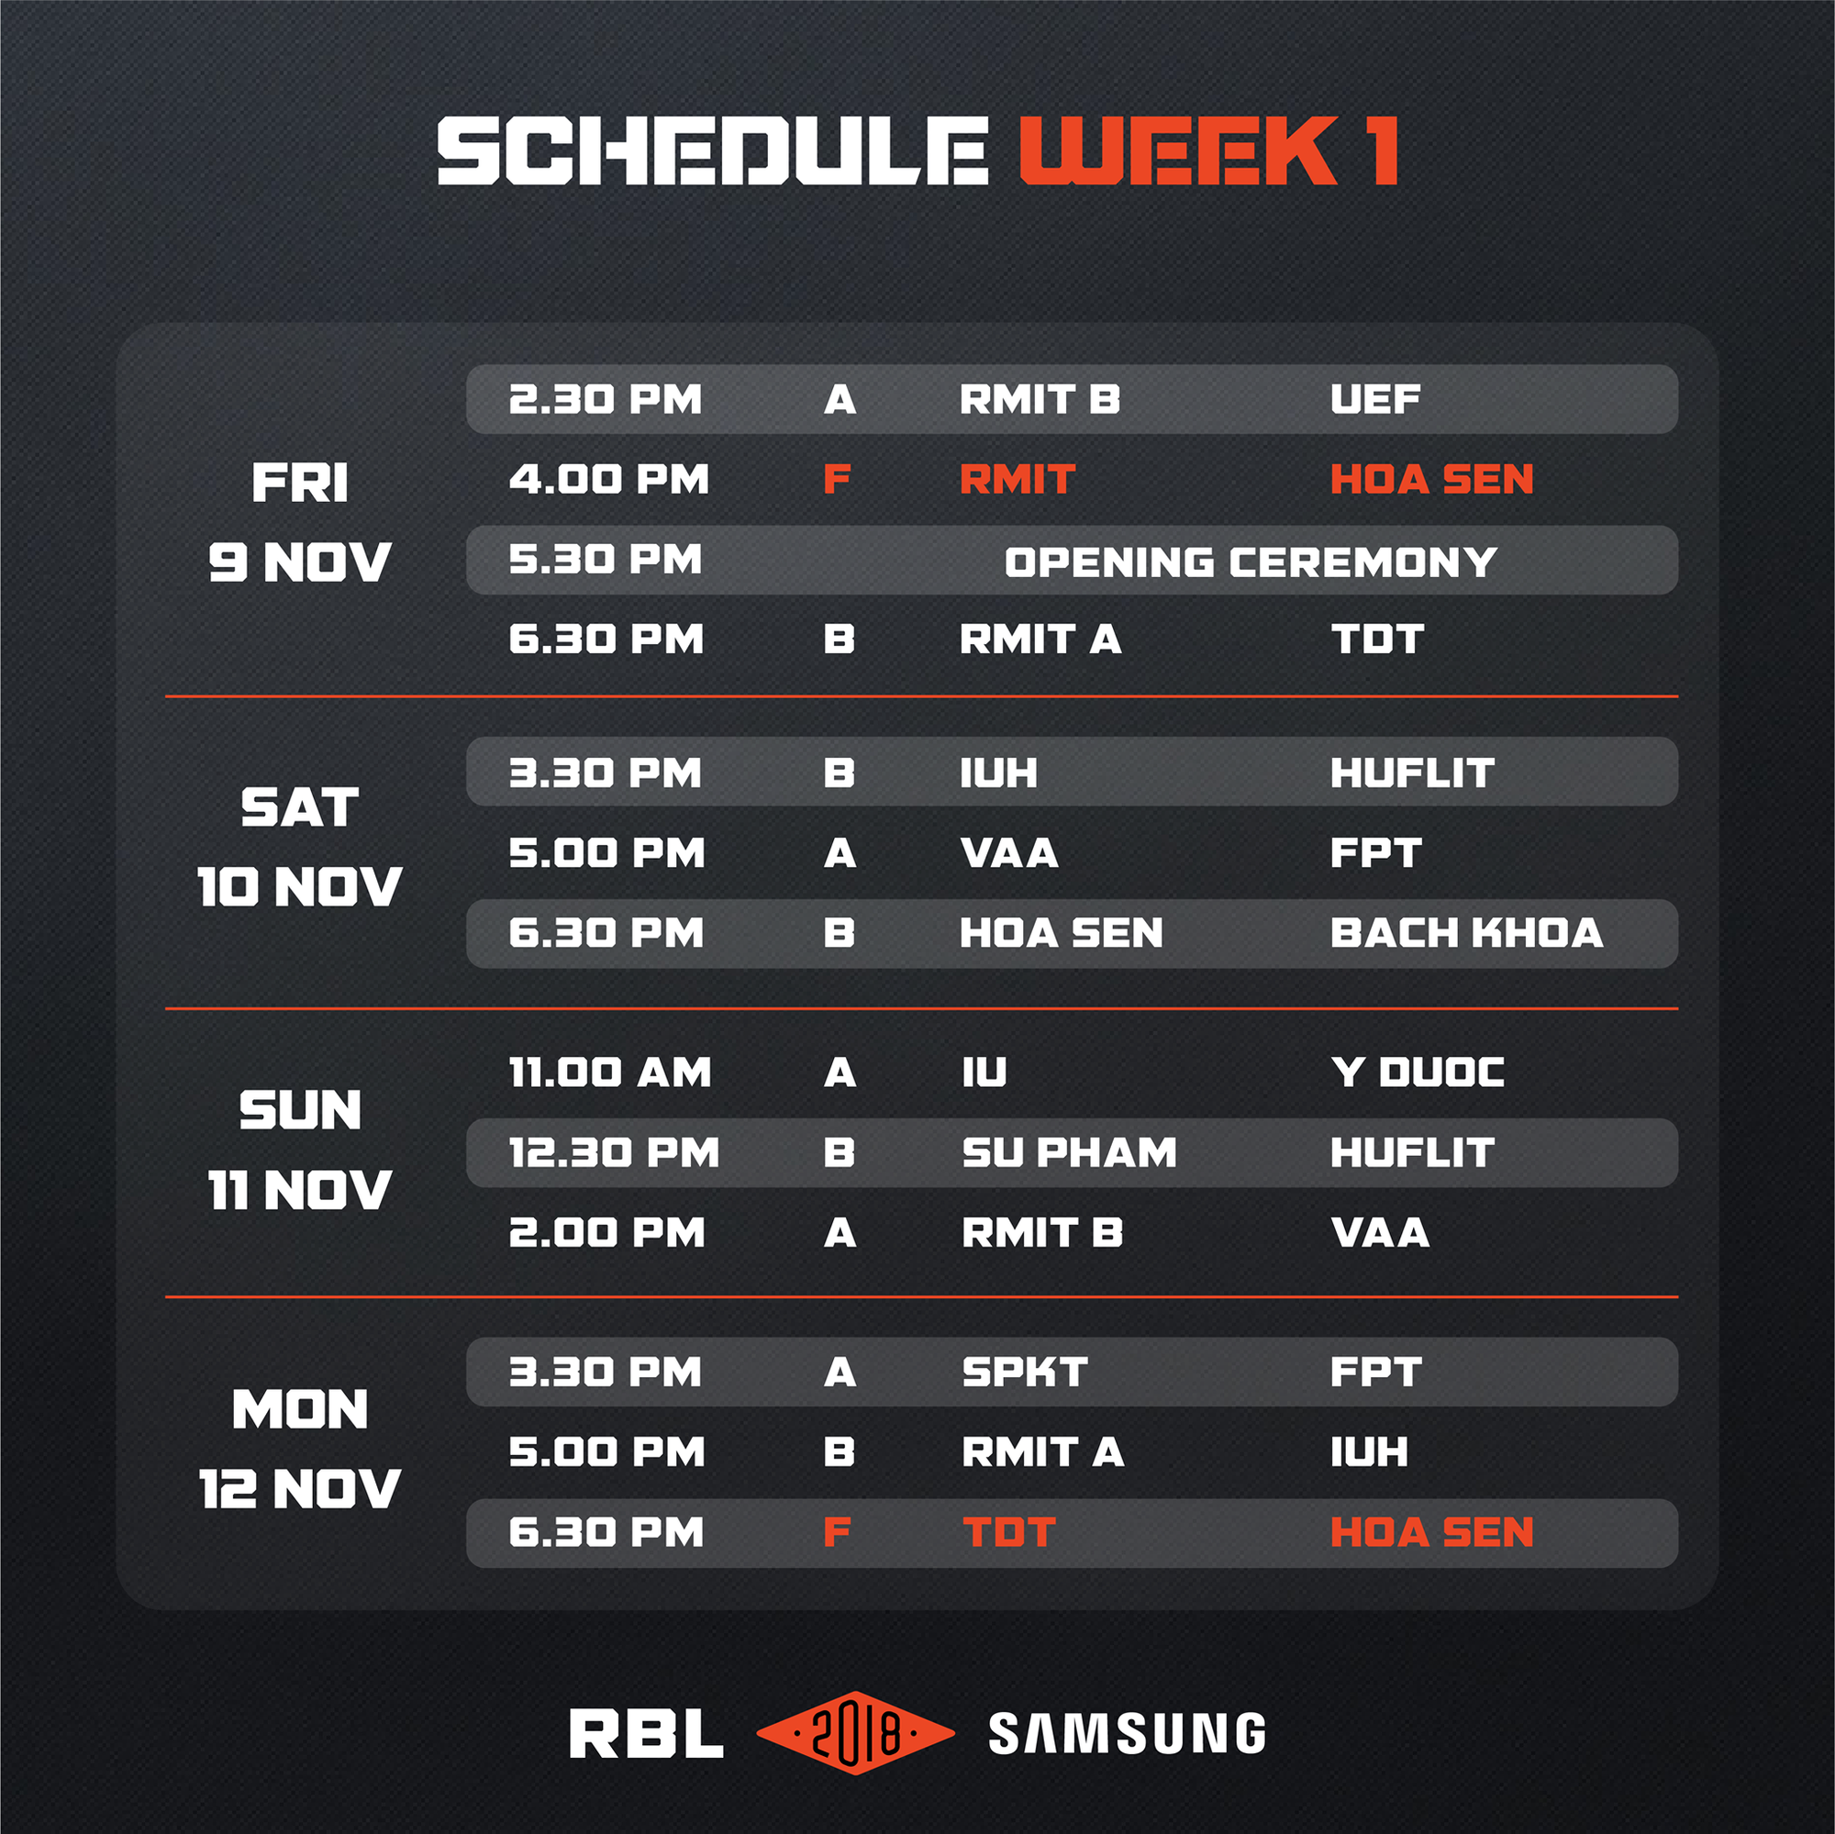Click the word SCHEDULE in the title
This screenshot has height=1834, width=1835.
712,150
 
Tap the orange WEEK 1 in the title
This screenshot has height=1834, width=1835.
1208,150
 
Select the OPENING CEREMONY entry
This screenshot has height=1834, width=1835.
1251,562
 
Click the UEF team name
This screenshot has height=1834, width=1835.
1375,400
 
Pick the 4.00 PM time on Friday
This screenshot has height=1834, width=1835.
609,480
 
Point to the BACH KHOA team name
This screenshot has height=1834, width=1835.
1466,934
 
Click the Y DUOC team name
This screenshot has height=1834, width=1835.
1418,1073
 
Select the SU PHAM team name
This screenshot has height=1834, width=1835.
1070,1153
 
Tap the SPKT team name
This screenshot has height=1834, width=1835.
1025,1373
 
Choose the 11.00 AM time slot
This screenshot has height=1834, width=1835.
610,1073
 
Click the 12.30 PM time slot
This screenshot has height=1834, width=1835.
614,1153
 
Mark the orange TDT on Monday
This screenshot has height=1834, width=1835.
1008,1533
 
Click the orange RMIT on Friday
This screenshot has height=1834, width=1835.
1018,480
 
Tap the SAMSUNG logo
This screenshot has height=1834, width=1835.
1128,1733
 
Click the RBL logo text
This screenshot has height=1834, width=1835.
646,1734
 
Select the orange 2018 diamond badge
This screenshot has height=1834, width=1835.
855,1733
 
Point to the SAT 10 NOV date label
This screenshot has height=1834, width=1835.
300,847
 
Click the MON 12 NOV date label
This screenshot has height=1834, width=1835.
300,1450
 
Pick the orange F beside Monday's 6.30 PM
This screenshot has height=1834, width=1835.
837,1533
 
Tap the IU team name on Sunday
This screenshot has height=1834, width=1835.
984,1073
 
